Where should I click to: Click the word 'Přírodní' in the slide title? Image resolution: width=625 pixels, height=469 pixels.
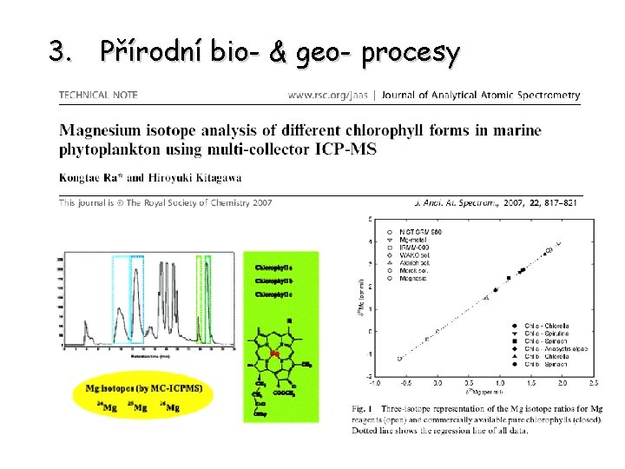click(x=149, y=52)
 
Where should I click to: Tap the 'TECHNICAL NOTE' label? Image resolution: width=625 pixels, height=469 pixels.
click(x=98, y=95)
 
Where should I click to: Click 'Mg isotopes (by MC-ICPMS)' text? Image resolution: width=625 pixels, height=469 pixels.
click(x=139, y=388)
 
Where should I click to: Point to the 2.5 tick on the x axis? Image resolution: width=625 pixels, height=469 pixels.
click(x=593, y=383)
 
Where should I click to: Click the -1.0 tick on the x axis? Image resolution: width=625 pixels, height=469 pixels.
click(x=374, y=383)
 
